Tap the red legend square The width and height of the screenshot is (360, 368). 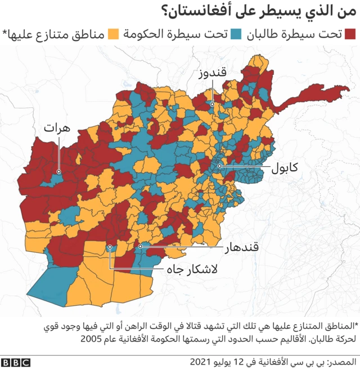(352, 34)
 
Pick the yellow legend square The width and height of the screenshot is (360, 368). (114, 34)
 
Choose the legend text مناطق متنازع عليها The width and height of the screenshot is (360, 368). (56, 34)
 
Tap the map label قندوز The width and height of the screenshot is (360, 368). (212, 74)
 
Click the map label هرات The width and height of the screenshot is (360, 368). (58, 129)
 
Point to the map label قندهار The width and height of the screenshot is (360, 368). (241, 246)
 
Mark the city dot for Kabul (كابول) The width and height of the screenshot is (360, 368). (219, 166)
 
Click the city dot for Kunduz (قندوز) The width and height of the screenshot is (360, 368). (212, 104)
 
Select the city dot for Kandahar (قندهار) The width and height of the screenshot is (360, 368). (140, 246)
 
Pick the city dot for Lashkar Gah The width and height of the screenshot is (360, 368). (110, 246)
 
